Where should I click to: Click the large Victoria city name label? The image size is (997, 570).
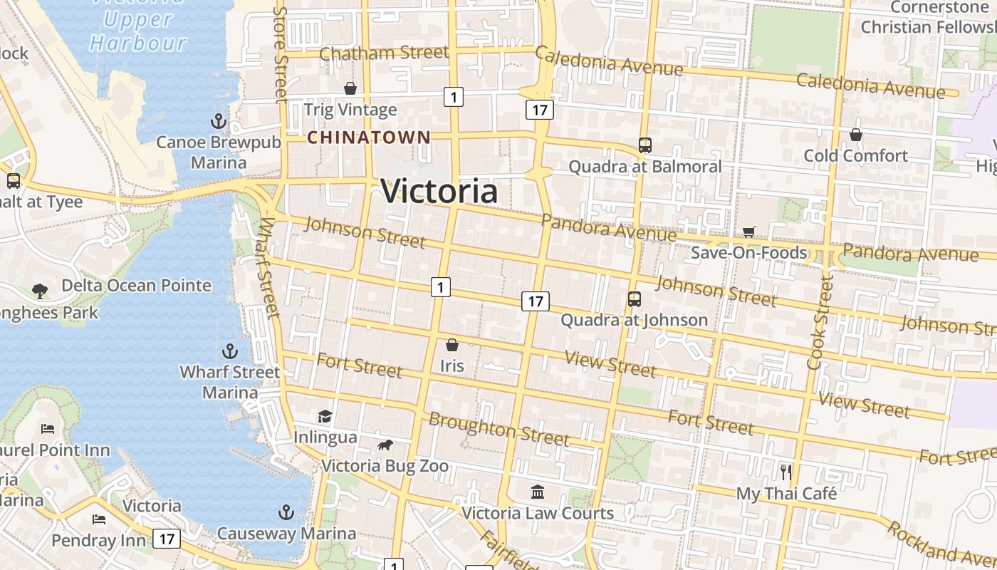tap(439, 191)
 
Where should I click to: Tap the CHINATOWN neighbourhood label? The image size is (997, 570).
tap(369, 138)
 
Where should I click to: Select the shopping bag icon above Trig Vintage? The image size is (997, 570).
tap(350, 88)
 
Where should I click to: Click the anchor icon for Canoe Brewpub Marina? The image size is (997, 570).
tap(219, 120)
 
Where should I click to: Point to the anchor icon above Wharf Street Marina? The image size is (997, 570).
tap(229, 351)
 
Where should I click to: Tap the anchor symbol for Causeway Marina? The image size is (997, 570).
tap(286, 512)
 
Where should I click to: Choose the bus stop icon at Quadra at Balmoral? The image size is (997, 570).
tap(645, 145)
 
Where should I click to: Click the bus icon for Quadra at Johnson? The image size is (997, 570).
tap(634, 299)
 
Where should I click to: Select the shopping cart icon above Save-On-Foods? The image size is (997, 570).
tap(748, 232)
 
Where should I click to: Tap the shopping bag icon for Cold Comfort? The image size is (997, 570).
tap(856, 135)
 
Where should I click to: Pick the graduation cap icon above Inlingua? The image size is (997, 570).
tap(325, 415)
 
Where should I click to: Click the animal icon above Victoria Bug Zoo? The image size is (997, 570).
tap(385, 445)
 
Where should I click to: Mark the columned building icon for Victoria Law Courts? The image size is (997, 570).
tap(538, 492)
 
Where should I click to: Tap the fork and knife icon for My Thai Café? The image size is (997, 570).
tap(786, 472)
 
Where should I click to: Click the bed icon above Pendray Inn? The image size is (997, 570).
tap(98, 519)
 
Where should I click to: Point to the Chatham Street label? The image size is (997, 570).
tap(384, 53)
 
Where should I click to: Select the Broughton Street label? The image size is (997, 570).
tap(499, 428)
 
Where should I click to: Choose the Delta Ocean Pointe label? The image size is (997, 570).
tap(136, 286)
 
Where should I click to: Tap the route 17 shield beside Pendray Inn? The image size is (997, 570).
tap(166, 539)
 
